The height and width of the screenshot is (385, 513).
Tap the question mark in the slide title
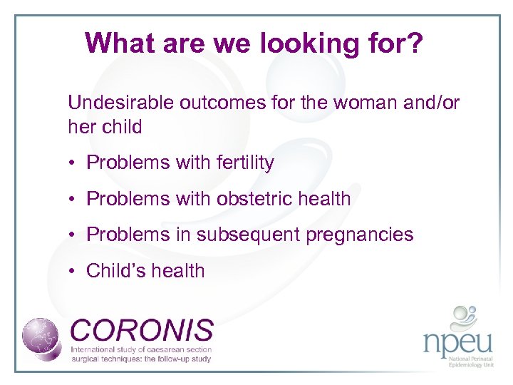415,43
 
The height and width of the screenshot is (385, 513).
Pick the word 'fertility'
241,163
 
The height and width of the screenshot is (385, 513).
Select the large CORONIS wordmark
142,330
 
